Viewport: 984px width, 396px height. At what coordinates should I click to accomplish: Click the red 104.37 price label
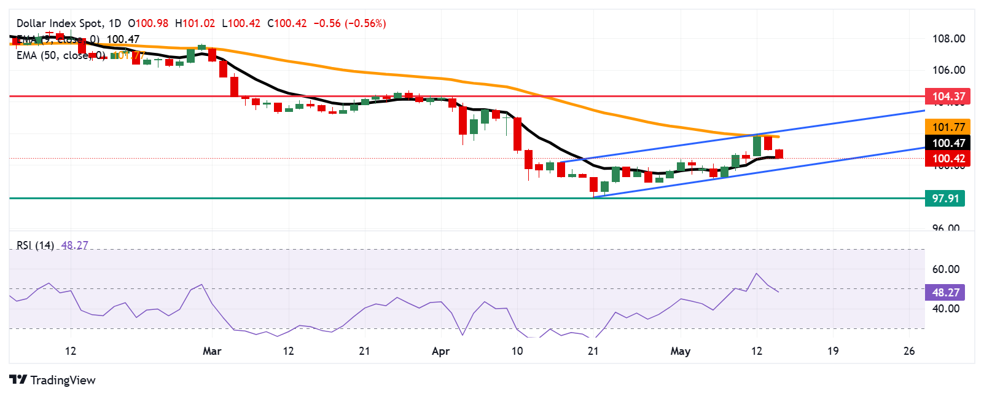(948, 97)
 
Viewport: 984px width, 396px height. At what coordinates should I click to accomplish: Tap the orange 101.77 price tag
(948, 127)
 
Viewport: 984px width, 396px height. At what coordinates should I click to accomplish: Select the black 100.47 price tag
(948, 143)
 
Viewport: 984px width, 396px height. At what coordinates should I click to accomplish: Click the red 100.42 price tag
(948, 159)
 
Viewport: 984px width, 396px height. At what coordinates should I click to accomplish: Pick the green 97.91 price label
(945, 199)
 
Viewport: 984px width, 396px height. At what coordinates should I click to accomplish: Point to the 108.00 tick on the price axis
(948, 39)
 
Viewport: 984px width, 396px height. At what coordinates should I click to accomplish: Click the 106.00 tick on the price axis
(948, 70)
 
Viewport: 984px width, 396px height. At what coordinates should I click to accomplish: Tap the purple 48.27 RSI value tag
(945, 293)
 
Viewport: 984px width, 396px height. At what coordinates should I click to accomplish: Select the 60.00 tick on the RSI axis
(945, 269)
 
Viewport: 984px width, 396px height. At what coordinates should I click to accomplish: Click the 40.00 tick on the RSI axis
(945, 309)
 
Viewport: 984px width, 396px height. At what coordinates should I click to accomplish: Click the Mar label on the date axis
(212, 351)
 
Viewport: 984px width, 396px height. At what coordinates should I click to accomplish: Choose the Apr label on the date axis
(441, 351)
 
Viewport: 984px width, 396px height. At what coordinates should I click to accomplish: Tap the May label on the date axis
(680, 351)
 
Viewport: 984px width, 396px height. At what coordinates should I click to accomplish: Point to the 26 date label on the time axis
(909, 351)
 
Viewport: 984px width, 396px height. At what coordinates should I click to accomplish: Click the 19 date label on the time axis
(832, 351)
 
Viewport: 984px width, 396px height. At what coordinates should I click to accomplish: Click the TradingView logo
(53, 380)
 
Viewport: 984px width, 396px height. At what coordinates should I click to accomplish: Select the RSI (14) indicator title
(35, 245)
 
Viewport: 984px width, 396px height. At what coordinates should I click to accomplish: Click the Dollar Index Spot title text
(60, 23)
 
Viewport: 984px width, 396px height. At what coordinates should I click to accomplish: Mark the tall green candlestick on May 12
(757, 146)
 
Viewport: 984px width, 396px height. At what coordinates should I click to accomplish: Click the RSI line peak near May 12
(757, 274)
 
